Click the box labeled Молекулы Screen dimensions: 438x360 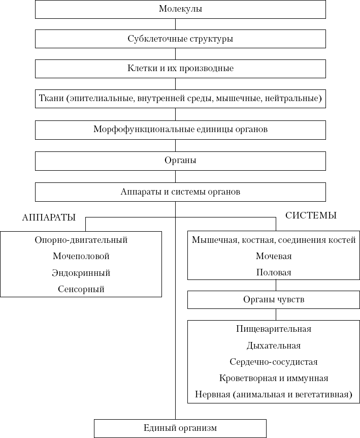[x=180, y=9]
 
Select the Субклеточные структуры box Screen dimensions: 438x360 [x=180, y=39]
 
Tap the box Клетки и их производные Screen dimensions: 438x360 [x=180, y=69]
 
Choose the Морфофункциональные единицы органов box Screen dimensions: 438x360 [x=180, y=129]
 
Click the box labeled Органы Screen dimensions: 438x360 [x=180, y=160]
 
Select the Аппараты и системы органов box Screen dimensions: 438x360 [x=180, y=192]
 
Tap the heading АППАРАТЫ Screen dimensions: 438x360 [x=49, y=217]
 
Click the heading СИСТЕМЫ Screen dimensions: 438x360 [x=311, y=215]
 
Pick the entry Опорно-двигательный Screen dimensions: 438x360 [x=81, y=240]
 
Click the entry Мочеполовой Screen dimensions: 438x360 [x=81, y=257]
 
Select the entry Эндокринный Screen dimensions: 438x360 [x=81, y=273]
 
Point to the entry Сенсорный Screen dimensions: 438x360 [x=81, y=289]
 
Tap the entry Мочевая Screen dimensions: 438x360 [x=274, y=257]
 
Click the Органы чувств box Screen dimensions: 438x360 [x=274, y=300]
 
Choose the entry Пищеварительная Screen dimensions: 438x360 [x=274, y=329]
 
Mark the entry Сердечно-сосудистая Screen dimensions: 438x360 [x=274, y=362]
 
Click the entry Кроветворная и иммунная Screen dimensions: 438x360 [x=274, y=378]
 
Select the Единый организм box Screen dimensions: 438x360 [x=180, y=428]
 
